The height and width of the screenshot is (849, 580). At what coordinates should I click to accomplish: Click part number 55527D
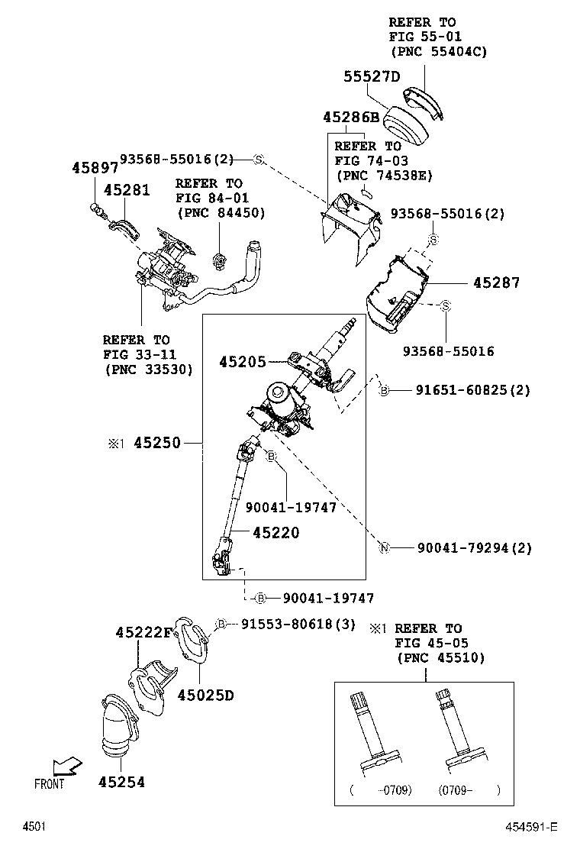[x=371, y=76]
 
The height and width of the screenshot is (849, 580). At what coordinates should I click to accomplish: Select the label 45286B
[x=350, y=118]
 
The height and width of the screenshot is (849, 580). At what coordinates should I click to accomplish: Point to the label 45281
[x=127, y=190]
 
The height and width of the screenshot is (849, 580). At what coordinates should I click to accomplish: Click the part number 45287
[x=496, y=282]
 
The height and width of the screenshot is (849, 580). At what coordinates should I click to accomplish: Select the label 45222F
[x=145, y=632]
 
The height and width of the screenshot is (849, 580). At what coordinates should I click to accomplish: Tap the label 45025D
[x=205, y=695]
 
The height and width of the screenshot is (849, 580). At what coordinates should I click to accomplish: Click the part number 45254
[x=121, y=782]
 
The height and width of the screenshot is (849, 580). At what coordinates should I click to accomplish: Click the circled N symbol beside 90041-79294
[x=385, y=547]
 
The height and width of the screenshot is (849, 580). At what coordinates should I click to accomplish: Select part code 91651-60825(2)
[x=472, y=390]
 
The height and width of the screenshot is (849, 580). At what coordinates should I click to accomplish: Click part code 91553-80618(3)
[x=298, y=624]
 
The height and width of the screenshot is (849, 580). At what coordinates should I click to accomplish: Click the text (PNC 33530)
[x=148, y=369]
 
